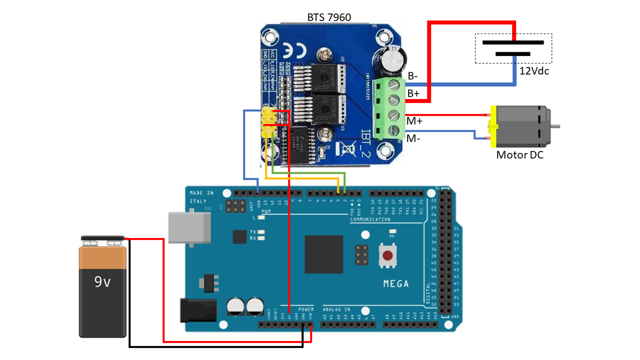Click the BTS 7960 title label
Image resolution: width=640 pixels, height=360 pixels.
[x=328, y=17]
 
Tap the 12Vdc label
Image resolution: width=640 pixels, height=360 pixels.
[x=534, y=71]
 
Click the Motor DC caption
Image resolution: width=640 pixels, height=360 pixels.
[x=519, y=155]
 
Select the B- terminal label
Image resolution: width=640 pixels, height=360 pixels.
[x=413, y=76]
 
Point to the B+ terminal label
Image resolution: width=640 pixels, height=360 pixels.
[x=413, y=93]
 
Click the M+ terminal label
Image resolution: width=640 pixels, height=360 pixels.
[x=414, y=121]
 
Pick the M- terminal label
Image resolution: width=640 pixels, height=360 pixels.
[x=413, y=138]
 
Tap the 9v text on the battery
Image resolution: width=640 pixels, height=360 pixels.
[x=102, y=282]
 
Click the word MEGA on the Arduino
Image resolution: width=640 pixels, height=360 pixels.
[x=395, y=284]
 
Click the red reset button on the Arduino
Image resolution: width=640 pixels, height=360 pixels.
[x=387, y=255]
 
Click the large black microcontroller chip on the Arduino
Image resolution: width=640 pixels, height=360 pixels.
[x=323, y=254]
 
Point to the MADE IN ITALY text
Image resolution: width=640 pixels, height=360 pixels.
[x=201, y=197]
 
